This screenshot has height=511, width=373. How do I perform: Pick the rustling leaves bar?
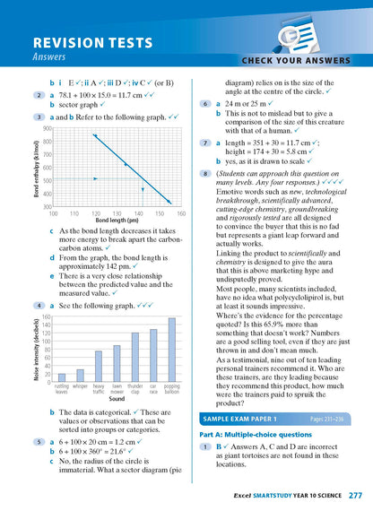(62, 377)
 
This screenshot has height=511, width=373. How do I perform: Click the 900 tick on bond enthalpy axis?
(47, 129)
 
